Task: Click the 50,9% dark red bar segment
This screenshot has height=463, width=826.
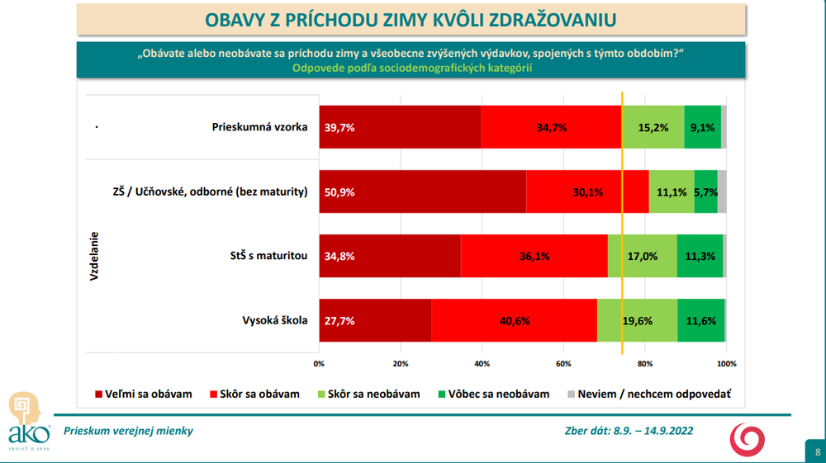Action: tap(422, 191)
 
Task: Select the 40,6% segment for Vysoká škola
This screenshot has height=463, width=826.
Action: tap(514, 320)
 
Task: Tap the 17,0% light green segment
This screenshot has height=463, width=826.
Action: tap(643, 256)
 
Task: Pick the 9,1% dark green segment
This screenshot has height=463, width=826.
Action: tap(703, 128)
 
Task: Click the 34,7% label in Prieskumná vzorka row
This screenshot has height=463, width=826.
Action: tap(550, 128)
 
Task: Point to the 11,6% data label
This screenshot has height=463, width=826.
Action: tap(700, 321)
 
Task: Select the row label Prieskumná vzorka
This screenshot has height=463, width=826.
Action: tap(259, 127)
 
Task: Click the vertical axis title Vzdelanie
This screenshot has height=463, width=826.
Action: tap(94, 256)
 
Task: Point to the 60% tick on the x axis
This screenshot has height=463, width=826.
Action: tap(563, 363)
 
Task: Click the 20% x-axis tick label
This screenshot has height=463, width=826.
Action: tap(401, 363)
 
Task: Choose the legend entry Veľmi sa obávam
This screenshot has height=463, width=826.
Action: tap(144, 394)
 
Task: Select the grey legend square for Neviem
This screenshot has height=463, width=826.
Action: tap(572, 394)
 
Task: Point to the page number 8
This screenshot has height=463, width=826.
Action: tap(817, 451)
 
